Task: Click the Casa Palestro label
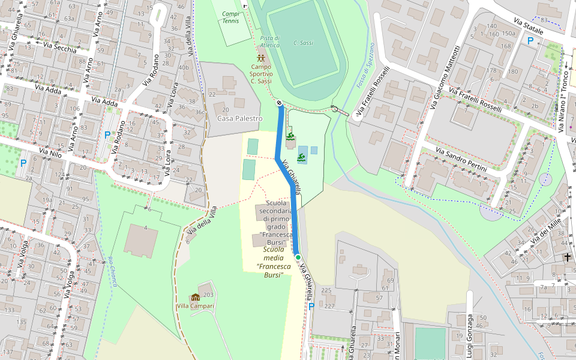[239, 119]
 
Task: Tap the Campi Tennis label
[230, 17]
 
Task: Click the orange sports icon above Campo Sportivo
[261, 58]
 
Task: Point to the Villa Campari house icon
[195, 297]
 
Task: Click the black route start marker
[280, 103]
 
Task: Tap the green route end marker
[298, 257]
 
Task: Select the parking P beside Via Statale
[530, 41]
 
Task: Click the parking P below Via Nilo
[23, 163]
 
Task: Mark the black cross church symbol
[568, 257]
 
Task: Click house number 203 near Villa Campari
[208, 295]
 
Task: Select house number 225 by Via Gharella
[326, 290]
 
